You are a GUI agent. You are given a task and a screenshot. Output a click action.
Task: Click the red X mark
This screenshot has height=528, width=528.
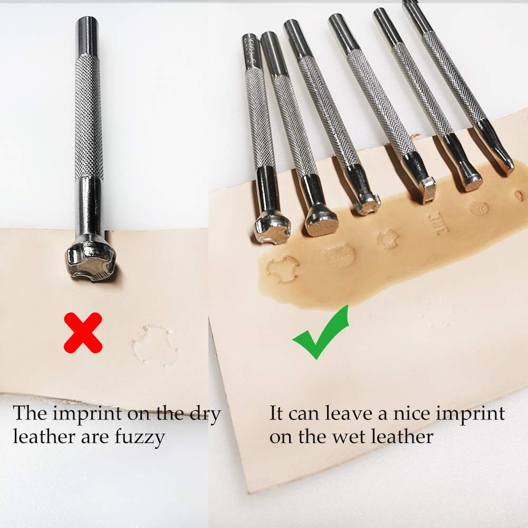pyautogui.click(x=83, y=332)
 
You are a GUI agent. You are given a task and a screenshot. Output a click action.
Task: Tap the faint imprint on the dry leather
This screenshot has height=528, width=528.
pyautogui.click(x=155, y=345)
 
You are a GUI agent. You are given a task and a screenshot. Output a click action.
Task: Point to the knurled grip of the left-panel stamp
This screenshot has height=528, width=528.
pyautogui.click(x=88, y=116)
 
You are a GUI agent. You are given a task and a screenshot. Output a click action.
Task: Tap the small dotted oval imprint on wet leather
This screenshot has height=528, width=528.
pyautogui.click(x=478, y=208)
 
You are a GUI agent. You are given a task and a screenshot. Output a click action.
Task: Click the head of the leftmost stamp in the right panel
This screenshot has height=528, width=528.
pyautogui.click(x=272, y=227)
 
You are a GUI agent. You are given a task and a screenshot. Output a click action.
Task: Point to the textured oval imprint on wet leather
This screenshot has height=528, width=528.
pyautogui.click(x=339, y=255)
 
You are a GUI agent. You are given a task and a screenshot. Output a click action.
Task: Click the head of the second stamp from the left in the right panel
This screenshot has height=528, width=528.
pyautogui.click(x=321, y=219)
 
